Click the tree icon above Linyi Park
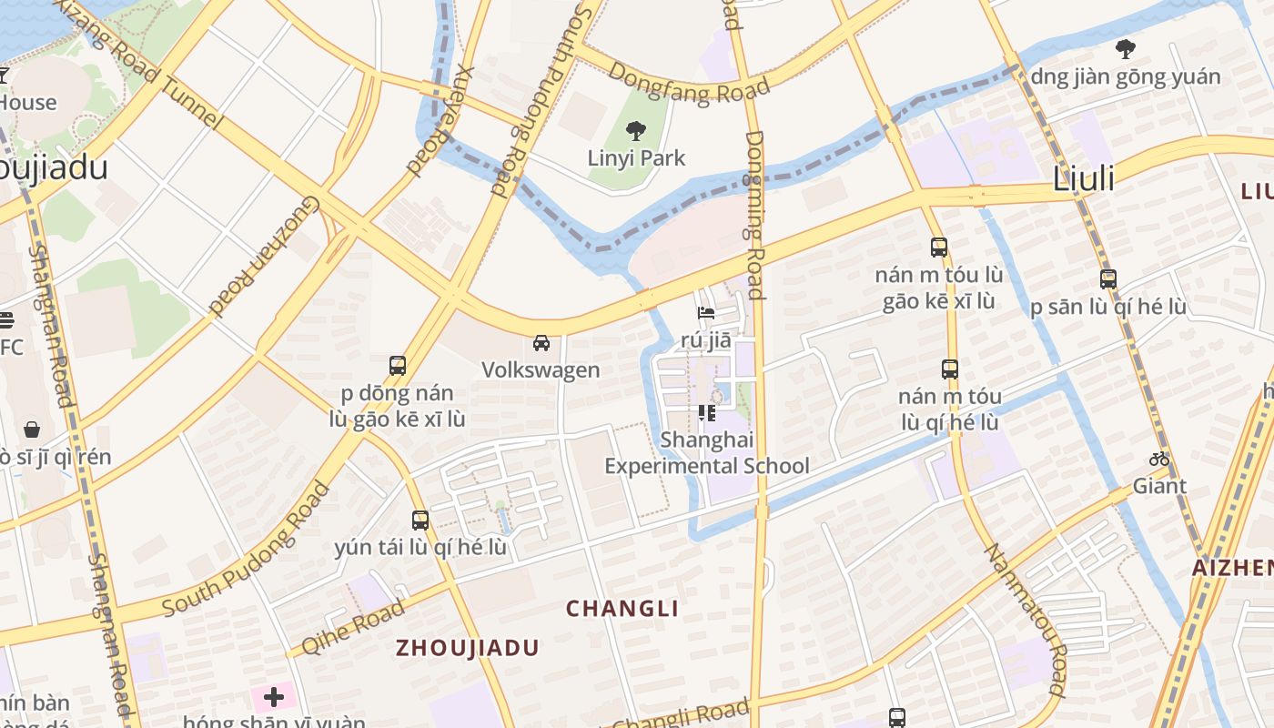pyautogui.click(x=636, y=131)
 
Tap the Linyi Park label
pyautogui.click(x=636, y=158)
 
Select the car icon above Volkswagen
pyautogui.click(x=541, y=343)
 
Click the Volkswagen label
pyautogui.click(x=541, y=369)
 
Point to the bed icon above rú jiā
pyautogui.click(x=706, y=313)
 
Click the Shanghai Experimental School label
pyautogui.click(x=707, y=453)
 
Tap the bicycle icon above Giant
pyautogui.click(x=1158, y=459)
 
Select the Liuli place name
pyautogui.click(x=1083, y=179)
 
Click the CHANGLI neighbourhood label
pyautogui.click(x=622, y=609)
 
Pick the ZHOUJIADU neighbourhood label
pyautogui.click(x=467, y=648)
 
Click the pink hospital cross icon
pyautogui.click(x=273, y=698)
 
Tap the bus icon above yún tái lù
pyautogui.click(x=420, y=521)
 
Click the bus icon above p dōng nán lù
pyautogui.click(x=398, y=366)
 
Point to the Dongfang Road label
pyautogui.click(x=689, y=85)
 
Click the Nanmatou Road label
pyautogui.click(x=1025, y=619)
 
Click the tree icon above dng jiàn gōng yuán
pyautogui.click(x=1125, y=49)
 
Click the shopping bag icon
pyautogui.click(x=32, y=429)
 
